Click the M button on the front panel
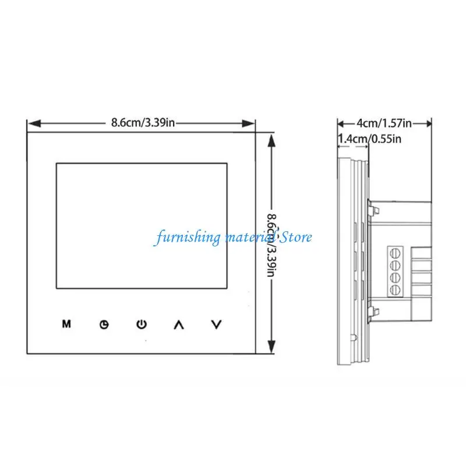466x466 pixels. click(x=66, y=324)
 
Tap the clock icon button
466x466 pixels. click(x=104, y=324)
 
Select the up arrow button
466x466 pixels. click(x=179, y=324)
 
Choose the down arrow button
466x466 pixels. click(x=216, y=324)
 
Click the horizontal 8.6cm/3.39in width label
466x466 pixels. click(x=143, y=122)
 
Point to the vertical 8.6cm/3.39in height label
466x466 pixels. click(x=271, y=245)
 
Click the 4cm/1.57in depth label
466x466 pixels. click(x=384, y=123)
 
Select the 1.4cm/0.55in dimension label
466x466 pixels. click(x=370, y=139)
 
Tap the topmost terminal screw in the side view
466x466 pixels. click(x=395, y=253)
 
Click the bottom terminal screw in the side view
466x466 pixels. click(x=395, y=289)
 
